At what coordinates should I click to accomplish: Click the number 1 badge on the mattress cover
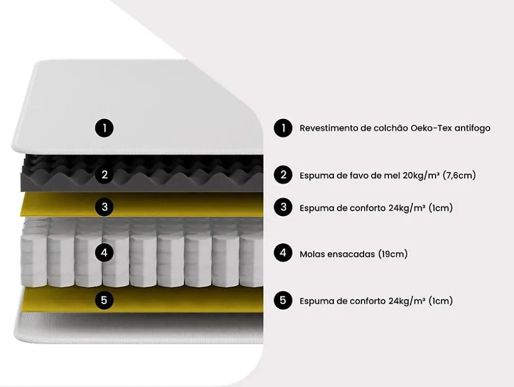(104, 128)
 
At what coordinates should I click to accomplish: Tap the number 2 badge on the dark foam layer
(104, 175)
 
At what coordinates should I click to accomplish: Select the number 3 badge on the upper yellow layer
(104, 207)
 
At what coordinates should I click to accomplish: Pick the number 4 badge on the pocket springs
(104, 253)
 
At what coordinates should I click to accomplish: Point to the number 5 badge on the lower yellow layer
(104, 300)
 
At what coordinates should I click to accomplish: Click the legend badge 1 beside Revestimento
(283, 128)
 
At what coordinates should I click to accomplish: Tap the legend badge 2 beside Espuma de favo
(283, 175)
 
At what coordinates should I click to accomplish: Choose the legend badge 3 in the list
(283, 207)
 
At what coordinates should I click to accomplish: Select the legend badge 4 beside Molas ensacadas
(283, 253)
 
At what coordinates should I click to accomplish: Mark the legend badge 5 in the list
(283, 300)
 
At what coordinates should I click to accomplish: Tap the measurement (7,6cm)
(459, 175)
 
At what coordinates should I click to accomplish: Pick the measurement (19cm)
(393, 254)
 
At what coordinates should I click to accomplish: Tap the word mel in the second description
(392, 175)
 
